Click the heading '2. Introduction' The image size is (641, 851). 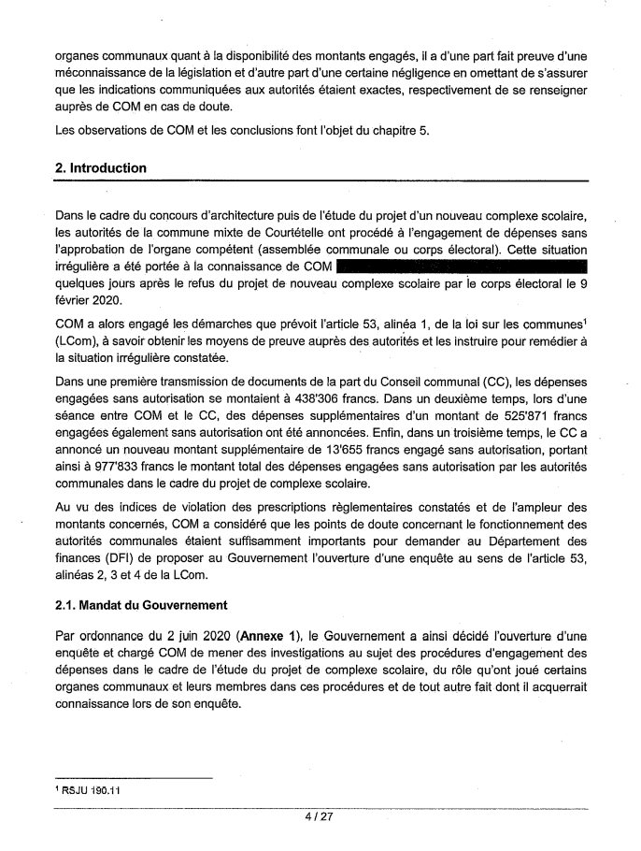pos(101,168)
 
